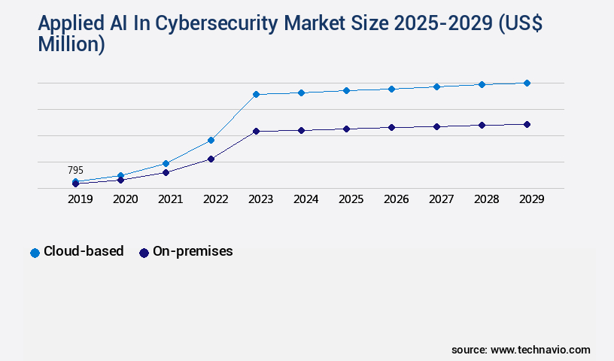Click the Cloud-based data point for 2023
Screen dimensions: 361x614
coord(256,94)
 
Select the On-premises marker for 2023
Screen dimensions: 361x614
coord(256,131)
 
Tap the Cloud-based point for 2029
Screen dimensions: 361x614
coord(527,83)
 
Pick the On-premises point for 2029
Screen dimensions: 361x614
coord(527,124)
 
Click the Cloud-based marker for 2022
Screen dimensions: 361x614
coord(211,140)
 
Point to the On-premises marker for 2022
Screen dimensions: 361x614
coord(211,159)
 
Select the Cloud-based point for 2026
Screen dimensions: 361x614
coord(391,89)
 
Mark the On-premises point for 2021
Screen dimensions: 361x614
coord(166,172)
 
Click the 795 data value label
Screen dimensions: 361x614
coord(75,171)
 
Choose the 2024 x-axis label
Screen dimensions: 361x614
coord(305,199)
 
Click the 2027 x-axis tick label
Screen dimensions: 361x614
coord(441,199)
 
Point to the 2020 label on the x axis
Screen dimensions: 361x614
coord(125,199)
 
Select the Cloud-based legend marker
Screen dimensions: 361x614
coord(35,253)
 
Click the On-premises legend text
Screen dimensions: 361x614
coord(193,251)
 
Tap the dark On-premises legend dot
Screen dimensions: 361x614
coord(144,253)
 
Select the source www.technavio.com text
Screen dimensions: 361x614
coord(521,350)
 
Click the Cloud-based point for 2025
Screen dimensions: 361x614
coord(346,90)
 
